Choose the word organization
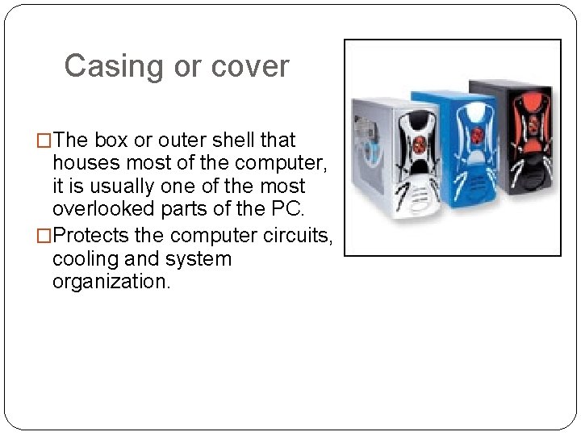pyautogui.click(x=111, y=282)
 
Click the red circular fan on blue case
pyautogui.click(x=475, y=134)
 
